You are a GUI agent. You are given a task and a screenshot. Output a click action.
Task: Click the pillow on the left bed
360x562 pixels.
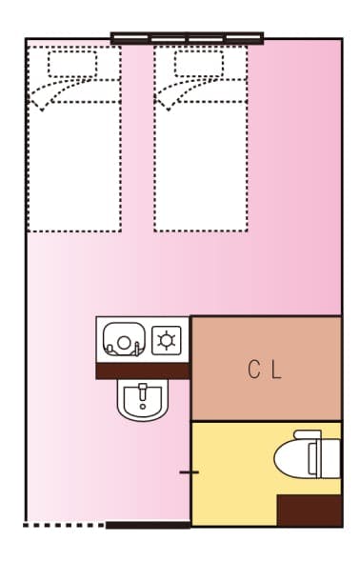click(73, 64)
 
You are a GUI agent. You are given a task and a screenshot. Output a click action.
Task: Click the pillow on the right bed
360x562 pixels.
click(200, 64)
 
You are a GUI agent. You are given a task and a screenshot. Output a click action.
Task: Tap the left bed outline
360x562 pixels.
click(74, 162)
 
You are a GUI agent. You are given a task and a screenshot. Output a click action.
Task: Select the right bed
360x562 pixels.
click(200, 162)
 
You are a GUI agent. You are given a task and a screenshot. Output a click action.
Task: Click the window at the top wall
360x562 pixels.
click(187, 39)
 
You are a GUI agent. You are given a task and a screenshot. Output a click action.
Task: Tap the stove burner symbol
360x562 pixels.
click(167, 339)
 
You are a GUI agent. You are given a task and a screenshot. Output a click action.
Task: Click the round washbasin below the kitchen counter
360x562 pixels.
click(143, 399)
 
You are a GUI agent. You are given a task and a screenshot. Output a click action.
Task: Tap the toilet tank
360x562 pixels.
click(330, 456)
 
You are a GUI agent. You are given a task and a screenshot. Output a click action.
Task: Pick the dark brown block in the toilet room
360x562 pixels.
click(308, 509)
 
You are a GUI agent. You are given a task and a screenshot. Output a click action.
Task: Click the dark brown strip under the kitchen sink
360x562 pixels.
click(143, 371)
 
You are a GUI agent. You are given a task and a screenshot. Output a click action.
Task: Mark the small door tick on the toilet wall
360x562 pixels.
click(190, 472)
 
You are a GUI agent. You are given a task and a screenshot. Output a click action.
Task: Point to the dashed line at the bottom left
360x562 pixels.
click(63, 525)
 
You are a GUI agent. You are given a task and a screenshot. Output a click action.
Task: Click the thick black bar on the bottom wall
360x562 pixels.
click(148, 525)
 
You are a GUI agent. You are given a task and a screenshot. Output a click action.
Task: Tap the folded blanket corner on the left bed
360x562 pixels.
click(48, 94)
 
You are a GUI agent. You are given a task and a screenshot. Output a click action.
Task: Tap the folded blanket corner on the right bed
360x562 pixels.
click(174, 94)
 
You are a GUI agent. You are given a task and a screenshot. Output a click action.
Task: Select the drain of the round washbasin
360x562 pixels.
click(143, 392)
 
